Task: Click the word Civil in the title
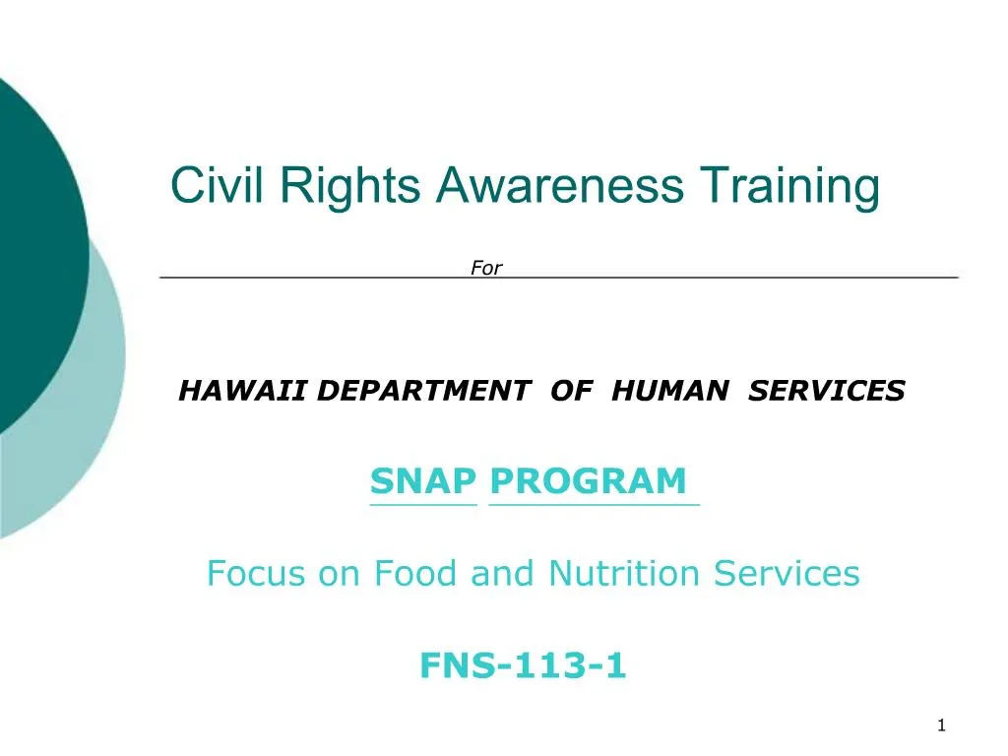[217, 185]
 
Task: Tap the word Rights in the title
[350, 187]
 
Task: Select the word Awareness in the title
[560, 185]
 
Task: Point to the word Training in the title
[790, 187]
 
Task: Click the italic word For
[486, 268]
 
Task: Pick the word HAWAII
[242, 391]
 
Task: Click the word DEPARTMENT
[423, 391]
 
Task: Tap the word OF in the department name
[572, 391]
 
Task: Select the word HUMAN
[670, 391]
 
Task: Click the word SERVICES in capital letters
[827, 391]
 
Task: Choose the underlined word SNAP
[423, 480]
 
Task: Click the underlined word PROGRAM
[589, 480]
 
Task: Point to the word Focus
[256, 573]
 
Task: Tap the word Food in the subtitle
[415, 573]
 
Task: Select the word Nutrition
[624, 573]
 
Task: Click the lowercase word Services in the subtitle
[787, 573]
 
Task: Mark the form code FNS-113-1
[524, 664]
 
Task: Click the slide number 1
[941, 725]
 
